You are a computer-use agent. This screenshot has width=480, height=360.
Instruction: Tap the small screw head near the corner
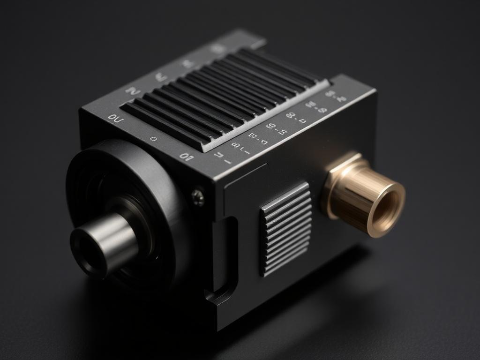tap(198, 196)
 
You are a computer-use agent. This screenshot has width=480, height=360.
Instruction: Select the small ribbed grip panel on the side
tap(286, 228)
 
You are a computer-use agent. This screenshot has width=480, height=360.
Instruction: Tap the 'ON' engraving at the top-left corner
tap(115, 118)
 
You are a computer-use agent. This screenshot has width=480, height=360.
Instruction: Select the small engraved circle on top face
tap(153, 139)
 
